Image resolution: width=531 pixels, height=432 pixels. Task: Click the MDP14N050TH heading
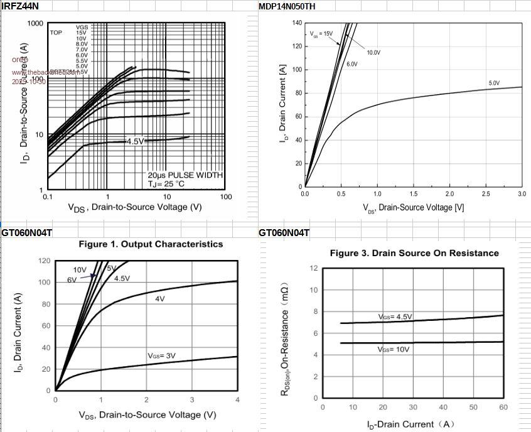(x=286, y=6)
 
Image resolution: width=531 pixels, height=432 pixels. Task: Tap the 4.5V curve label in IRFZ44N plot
(x=135, y=141)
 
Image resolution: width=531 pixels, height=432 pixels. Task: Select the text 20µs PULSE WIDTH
(x=185, y=175)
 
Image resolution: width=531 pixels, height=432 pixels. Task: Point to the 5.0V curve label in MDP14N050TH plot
(x=494, y=83)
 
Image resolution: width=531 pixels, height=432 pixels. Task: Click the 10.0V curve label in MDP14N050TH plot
(x=373, y=53)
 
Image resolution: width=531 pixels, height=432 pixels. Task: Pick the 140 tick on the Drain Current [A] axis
(x=297, y=23)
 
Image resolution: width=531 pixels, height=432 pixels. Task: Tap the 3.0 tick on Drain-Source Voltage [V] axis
(x=522, y=194)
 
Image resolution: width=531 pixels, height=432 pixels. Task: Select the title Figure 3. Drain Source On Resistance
(x=414, y=253)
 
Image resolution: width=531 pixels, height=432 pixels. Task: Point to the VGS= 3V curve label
(x=162, y=355)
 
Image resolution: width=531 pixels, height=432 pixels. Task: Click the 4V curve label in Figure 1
(x=160, y=299)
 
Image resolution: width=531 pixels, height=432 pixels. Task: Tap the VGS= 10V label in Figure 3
(x=394, y=348)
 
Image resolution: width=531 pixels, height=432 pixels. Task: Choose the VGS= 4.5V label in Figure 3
(x=395, y=316)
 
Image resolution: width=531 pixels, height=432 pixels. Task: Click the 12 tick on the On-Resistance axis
(x=313, y=268)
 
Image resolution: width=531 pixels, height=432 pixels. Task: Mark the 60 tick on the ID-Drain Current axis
(x=503, y=408)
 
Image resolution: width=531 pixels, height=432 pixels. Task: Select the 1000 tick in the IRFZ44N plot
(x=35, y=24)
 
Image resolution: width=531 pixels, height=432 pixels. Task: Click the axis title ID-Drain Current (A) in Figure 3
(x=411, y=424)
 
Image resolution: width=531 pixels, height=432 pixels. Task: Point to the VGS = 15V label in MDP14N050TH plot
(x=321, y=33)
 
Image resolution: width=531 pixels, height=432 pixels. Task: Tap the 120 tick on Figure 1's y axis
(x=43, y=261)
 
